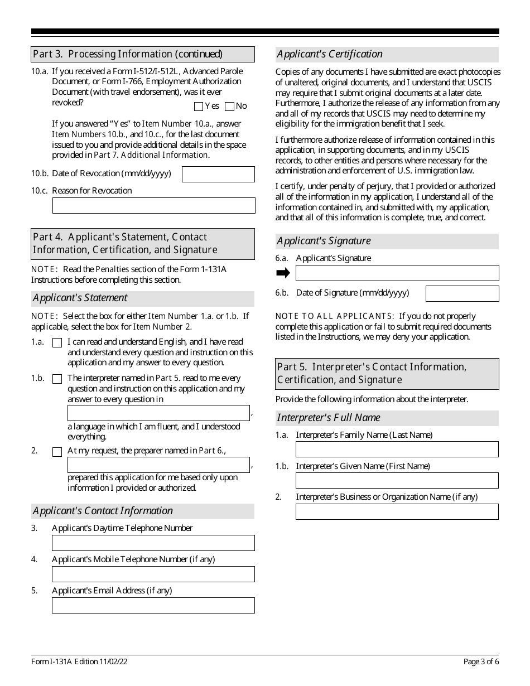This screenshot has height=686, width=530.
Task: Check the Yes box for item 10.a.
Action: coord(199,107)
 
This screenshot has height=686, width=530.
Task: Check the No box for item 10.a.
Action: coord(229,107)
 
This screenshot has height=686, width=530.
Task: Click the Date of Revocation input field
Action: coord(218,174)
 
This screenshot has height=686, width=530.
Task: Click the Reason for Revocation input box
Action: coord(153,205)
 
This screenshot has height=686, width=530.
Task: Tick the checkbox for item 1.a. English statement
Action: coord(57,343)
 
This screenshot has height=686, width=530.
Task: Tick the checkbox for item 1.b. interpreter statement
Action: coord(57,379)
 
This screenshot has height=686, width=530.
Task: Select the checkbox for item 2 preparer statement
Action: coord(57,452)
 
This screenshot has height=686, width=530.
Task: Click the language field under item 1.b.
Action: coord(158,413)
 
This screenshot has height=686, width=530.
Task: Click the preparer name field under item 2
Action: coord(158,465)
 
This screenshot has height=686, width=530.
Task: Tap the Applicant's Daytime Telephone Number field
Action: coord(153,543)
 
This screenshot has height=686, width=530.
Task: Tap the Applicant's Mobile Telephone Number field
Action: coord(153,574)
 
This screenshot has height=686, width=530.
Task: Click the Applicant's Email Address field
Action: coord(153,605)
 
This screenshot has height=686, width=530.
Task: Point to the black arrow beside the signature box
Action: coord(283,273)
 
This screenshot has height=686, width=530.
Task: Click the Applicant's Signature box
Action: coord(397,273)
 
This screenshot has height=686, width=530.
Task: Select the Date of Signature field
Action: coord(462,293)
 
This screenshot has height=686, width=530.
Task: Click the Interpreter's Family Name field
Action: coord(397,450)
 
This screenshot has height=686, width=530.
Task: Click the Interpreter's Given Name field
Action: coord(397,480)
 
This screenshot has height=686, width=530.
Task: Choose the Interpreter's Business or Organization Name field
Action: coord(397,511)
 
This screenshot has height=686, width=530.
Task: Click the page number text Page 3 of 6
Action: coord(481,662)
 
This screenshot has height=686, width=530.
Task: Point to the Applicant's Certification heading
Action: coord(330,54)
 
